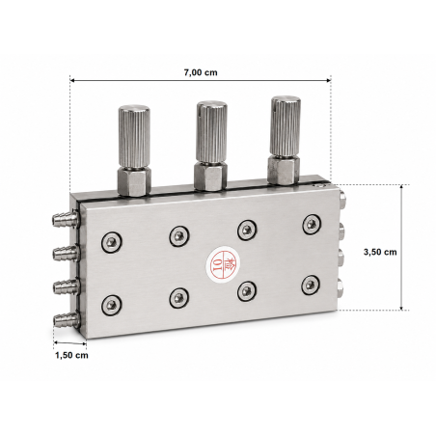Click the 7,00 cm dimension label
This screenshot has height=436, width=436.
pyautogui.click(x=201, y=72)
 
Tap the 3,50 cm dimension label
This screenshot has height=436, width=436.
pyautogui.click(x=380, y=252)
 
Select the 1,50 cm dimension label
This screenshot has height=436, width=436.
pyautogui.click(x=71, y=355)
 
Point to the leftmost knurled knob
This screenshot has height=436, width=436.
pyautogui.click(x=134, y=136)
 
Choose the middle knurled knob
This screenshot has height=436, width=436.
pyautogui.click(x=211, y=132)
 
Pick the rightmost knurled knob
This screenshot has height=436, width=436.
pyautogui.click(x=286, y=126)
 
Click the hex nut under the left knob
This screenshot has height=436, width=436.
pyautogui.click(x=134, y=180)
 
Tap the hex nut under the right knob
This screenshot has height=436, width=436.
pyautogui.click(x=284, y=170)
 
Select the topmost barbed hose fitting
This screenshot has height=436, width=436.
pyautogui.click(x=65, y=219)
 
